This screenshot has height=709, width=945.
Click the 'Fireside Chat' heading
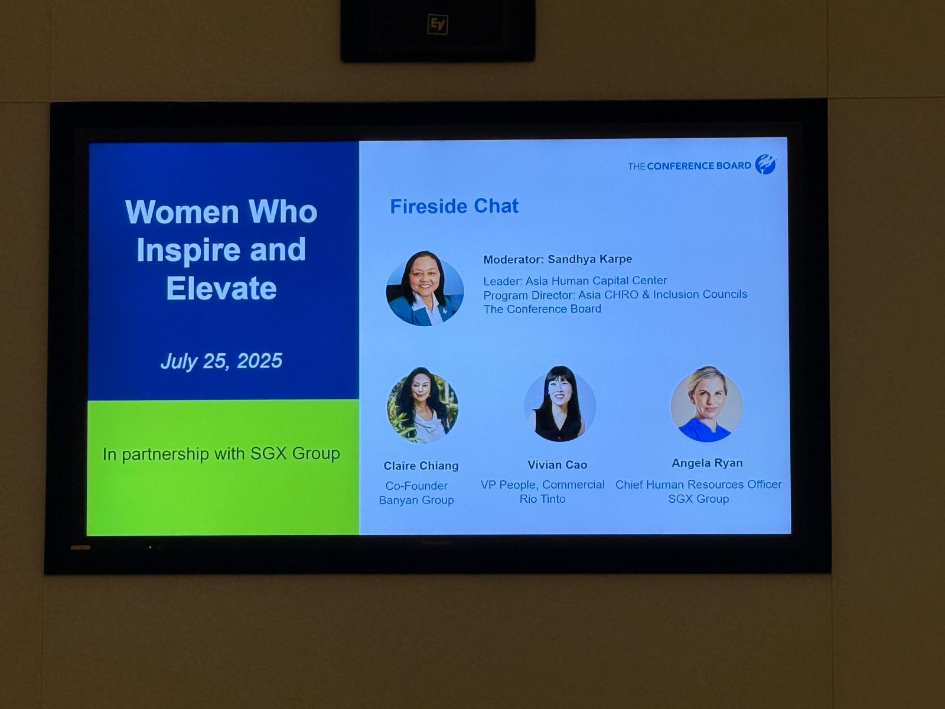[x=454, y=206]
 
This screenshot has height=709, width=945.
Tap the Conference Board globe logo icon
[x=765, y=164]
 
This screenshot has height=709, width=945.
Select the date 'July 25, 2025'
[x=221, y=361]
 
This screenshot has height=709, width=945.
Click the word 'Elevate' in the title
[x=221, y=288]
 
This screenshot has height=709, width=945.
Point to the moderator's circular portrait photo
[x=425, y=288]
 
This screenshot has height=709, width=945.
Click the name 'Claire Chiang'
[x=421, y=466]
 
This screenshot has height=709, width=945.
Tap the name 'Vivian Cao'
[x=558, y=465]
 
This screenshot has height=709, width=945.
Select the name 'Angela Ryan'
[x=708, y=463]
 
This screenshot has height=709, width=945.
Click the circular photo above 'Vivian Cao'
[x=560, y=405]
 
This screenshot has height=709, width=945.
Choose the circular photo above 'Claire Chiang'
[x=422, y=405]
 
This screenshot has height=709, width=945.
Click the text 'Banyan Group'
[x=416, y=500]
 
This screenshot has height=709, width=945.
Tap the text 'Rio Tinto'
[x=542, y=499]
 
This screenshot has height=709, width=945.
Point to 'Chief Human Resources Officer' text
[x=698, y=484]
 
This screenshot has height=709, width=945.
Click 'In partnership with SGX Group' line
[x=221, y=454]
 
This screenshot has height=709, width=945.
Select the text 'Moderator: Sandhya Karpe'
[x=558, y=259]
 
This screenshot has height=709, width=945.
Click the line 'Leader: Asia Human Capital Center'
[x=575, y=281]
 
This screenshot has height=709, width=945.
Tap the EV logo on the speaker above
[x=438, y=25]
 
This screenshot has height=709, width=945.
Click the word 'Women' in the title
[x=182, y=212]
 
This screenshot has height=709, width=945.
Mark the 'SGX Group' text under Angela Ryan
[x=698, y=499]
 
